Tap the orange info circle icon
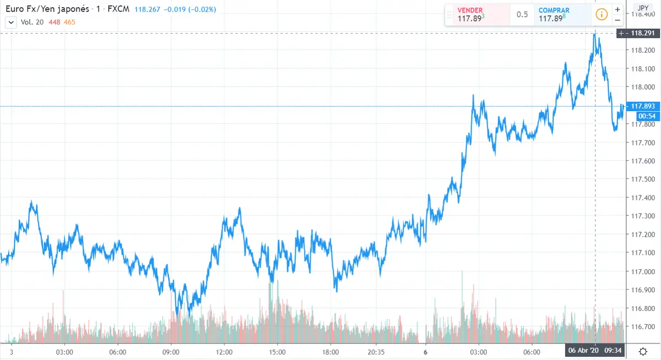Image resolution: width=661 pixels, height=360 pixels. (601, 14)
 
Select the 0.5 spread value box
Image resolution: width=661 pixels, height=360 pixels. (522, 15)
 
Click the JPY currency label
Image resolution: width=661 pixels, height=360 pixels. (642, 8)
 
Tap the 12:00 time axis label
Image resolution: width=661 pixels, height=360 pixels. (224, 351)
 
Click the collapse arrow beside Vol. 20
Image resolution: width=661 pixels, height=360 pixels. (10, 22)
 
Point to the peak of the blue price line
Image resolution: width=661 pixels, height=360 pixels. (595, 34)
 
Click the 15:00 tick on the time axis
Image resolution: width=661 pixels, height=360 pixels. (277, 351)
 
